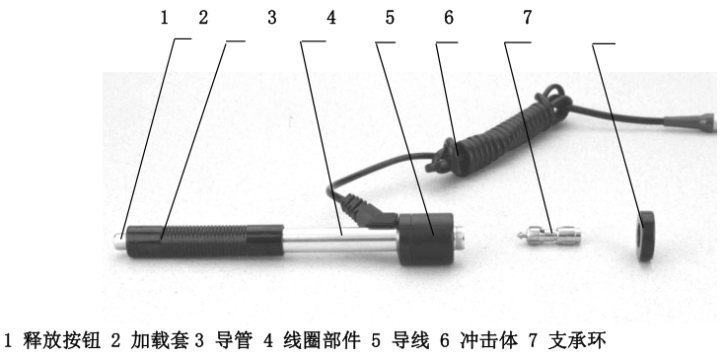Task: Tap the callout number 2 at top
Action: pyautogui.click(x=203, y=16)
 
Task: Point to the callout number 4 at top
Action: pyautogui.click(x=330, y=16)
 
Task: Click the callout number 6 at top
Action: pyautogui.click(x=450, y=16)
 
